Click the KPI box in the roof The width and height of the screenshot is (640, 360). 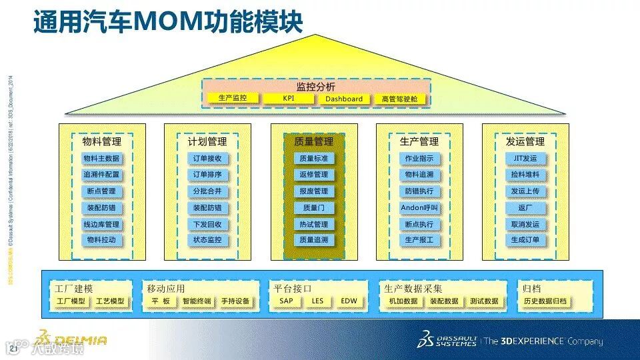pos(289,99)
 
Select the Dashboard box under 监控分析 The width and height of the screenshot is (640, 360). pos(344,99)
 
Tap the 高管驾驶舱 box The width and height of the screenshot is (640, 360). pos(399,99)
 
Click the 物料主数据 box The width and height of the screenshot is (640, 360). pos(101,159)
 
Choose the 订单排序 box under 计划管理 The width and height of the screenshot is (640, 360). pos(207,175)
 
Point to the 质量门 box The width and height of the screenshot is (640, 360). pos(313,207)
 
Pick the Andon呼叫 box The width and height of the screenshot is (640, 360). pos(419,207)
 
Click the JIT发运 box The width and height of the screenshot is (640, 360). pos(525,159)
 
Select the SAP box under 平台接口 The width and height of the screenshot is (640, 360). pos(286,301)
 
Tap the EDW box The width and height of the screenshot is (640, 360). pos(349,301)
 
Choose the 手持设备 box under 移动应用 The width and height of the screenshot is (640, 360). pos(235,301)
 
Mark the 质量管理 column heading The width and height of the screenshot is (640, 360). pos(313,141)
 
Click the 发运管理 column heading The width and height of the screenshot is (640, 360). pos(525,141)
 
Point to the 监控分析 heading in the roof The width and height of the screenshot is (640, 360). pos(316,87)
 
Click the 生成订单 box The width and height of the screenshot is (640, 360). pos(525,240)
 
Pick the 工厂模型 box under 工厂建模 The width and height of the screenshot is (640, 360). pos(71,301)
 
